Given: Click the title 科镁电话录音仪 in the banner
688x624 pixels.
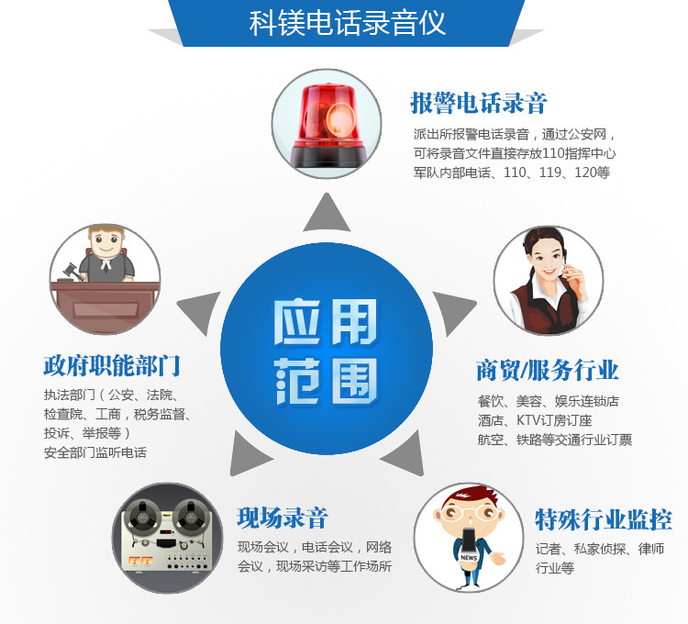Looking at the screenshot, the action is click(x=348, y=23).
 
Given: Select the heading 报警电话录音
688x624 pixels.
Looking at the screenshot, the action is click(x=478, y=102).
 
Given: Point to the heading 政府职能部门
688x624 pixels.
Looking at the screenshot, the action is click(x=112, y=366).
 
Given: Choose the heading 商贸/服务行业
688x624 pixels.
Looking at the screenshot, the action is click(x=548, y=370).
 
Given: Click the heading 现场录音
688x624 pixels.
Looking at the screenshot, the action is click(x=282, y=518).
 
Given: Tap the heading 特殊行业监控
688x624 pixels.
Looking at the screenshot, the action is click(x=604, y=519).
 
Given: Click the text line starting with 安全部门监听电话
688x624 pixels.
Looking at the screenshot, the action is click(x=95, y=452).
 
